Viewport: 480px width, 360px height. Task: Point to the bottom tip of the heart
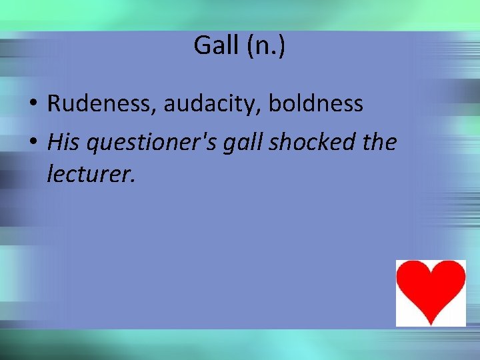point(431,323)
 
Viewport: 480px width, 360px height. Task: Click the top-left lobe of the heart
point(414,273)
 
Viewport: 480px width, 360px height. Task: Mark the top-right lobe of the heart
point(448,273)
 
